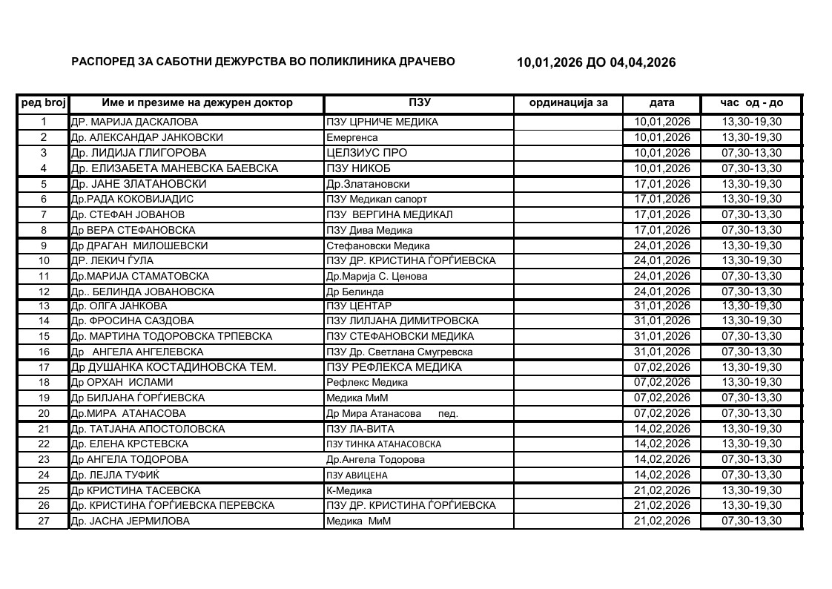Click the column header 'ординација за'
[568, 103]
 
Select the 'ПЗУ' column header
[419, 103]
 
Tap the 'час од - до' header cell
[751, 103]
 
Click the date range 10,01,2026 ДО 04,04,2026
[596, 63]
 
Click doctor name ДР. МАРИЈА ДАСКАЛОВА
[134, 122]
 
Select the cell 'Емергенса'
[352, 137]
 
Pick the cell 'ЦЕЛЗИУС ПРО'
[366, 153]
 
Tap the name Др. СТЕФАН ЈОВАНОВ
[128, 214]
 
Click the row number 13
[43, 306]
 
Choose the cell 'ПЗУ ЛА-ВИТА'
[360, 429]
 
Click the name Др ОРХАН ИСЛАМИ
[122, 383]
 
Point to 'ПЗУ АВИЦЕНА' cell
[357, 475]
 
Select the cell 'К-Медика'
[349, 490]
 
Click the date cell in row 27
[661, 521]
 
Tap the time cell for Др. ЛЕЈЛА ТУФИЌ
[751, 475]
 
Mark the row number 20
[43, 413]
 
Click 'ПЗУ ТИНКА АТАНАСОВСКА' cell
[383, 444]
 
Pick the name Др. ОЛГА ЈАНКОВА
[119, 306]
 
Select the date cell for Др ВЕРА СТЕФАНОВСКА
[661, 230]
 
